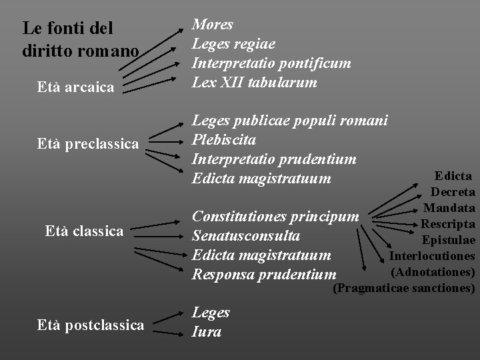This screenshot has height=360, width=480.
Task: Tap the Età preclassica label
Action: [88, 143]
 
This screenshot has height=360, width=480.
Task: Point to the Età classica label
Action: [84, 231]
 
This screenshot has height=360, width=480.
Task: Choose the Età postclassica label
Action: [91, 325]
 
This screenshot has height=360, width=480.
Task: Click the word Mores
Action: [213, 25]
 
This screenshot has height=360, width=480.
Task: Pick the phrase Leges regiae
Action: [233, 44]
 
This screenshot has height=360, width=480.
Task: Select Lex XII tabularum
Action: [254, 83]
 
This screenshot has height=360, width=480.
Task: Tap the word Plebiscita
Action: [224, 140]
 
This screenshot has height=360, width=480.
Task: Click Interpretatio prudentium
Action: [274, 159]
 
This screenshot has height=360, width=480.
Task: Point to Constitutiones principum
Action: [275, 217]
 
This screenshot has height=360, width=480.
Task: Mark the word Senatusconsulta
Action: [245, 236]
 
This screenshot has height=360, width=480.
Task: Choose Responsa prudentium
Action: [264, 274]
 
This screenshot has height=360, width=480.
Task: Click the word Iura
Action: [207, 331]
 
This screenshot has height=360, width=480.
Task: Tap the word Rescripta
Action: [447, 224]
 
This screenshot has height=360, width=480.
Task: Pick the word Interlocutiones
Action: [431, 256]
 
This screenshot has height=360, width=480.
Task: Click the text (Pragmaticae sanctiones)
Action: [403, 288]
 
